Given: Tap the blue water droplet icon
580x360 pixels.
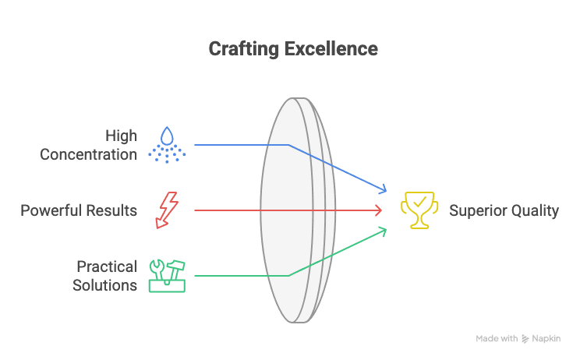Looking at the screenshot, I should (167, 144).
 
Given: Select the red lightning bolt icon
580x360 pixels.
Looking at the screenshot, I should (167, 210).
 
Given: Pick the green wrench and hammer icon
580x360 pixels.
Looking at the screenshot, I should (167, 275).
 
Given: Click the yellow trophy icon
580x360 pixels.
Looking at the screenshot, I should (418, 210).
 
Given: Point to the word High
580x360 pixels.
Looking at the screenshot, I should (121, 136).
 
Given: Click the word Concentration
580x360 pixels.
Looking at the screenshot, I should (88, 154).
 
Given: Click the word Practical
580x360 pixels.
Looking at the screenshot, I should (107, 266).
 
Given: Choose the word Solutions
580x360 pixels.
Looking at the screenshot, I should (104, 284).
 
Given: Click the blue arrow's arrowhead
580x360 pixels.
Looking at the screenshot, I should (383, 189).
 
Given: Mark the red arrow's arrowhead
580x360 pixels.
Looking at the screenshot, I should (379, 210).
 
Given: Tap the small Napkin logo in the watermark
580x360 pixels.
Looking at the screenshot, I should (526, 339).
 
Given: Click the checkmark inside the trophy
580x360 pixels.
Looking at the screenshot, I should (419, 203).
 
